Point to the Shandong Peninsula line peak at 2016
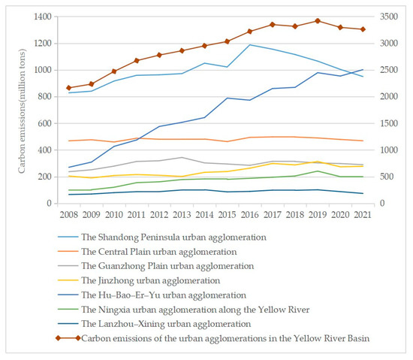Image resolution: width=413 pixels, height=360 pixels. coord(249,44)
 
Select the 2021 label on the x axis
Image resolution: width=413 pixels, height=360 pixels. coord(363,214)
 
